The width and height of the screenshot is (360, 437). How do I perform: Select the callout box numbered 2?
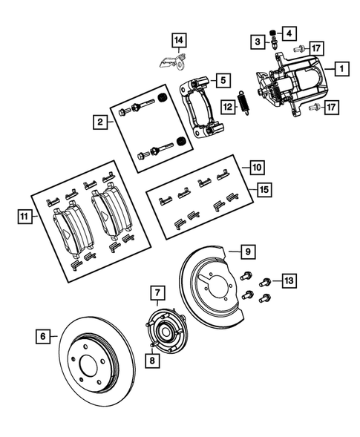[x=99, y=122]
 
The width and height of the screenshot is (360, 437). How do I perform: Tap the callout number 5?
[x=222, y=79]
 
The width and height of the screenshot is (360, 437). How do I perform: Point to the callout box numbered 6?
[x=43, y=336]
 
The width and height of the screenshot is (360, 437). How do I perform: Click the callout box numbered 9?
[x=248, y=252]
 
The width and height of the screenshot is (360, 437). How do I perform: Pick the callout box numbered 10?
[x=256, y=167]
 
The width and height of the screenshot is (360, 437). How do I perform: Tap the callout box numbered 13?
[x=289, y=280]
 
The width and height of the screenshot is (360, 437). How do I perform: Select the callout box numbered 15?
[x=263, y=191]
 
